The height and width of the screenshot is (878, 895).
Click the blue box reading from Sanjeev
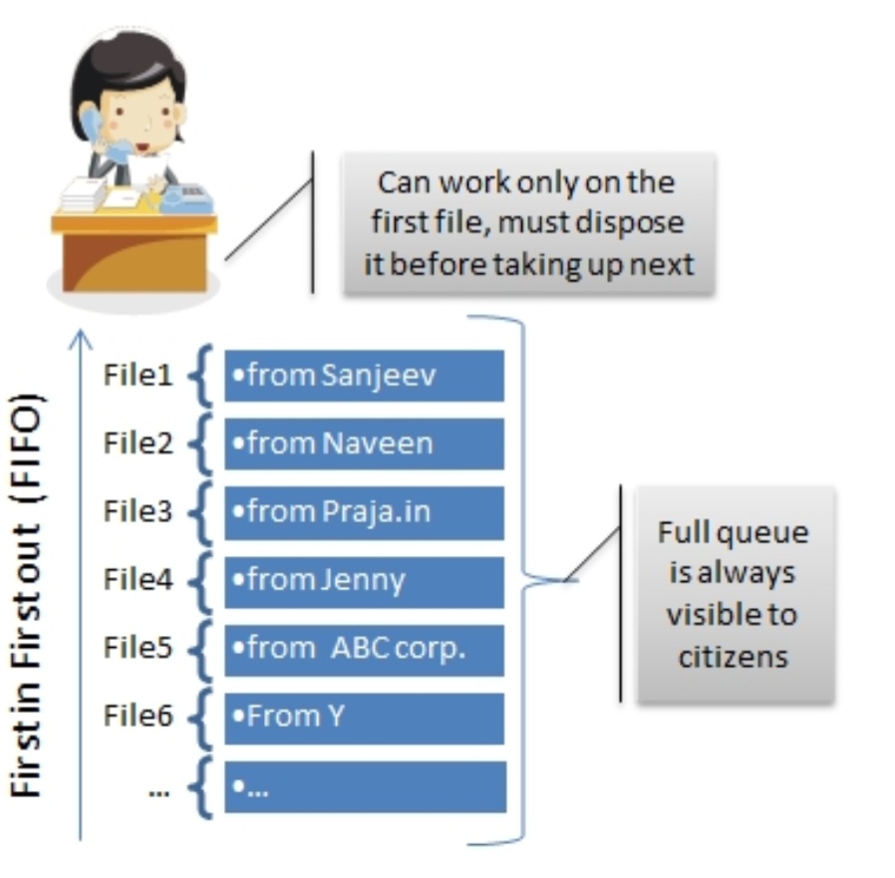click(x=364, y=375)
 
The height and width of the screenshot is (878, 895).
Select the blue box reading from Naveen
click(x=364, y=443)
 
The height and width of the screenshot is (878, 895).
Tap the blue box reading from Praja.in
click(x=364, y=512)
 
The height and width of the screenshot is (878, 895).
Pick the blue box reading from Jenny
click(x=364, y=581)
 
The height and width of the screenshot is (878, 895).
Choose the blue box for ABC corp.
click(x=364, y=649)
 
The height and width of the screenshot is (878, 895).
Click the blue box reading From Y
click(x=364, y=717)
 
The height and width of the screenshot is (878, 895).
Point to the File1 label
click(x=138, y=376)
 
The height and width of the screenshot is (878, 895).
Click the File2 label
click(x=138, y=443)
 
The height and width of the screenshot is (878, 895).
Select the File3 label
click(x=138, y=512)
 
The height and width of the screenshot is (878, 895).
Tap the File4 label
click(x=138, y=580)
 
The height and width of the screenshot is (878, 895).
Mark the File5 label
click(x=138, y=648)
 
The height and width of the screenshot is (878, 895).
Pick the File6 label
click(x=138, y=717)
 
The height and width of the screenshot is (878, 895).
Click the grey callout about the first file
click(x=528, y=224)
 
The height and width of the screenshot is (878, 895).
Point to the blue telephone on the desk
click(x=187, y=198)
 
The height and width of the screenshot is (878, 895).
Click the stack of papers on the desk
click(x=84, y=193)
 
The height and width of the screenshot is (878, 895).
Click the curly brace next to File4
click(x=207, y=581)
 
